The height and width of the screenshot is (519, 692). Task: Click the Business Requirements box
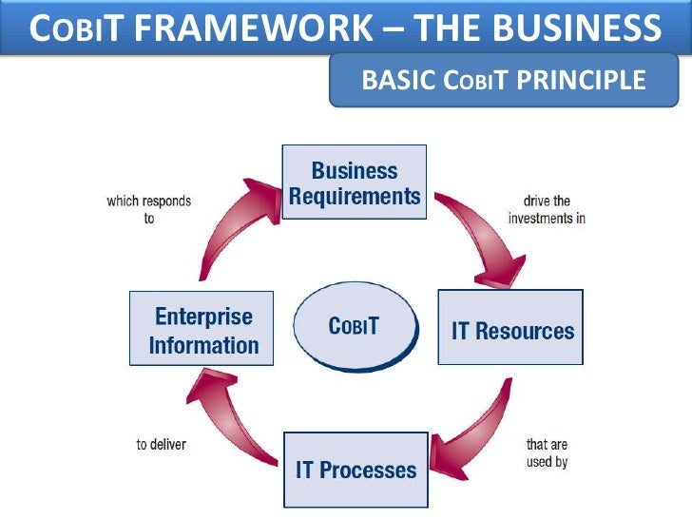tap(355, 183)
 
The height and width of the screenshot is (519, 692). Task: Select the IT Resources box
tap(510, 327)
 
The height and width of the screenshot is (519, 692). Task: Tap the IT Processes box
tap(355, 470)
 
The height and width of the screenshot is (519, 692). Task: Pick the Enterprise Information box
tap(202, 329)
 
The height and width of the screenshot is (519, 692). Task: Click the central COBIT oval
tap(355, 326)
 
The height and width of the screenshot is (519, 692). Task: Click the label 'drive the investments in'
tap(547, 209)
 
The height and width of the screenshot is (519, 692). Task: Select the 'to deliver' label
tap(162, 444)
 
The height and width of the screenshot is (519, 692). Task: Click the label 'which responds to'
tap(149, 209)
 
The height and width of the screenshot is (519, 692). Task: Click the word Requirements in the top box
tap(355, 196)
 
